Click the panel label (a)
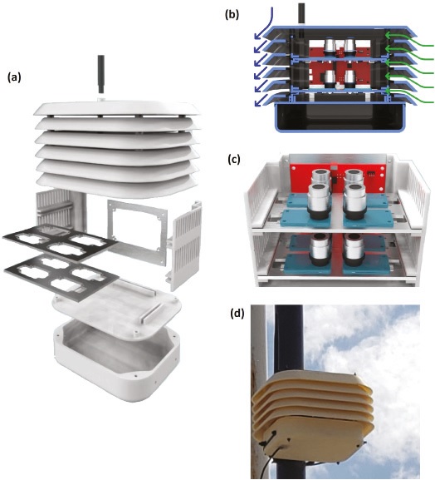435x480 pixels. coord(14,78)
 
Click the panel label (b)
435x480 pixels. coord(232,15)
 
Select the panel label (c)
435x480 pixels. coord(234,160)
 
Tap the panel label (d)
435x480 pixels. coord(237,314)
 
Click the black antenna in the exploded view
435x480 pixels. coord(100,74)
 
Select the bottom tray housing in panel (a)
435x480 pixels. coord(116,347)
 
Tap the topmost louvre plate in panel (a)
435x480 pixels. coord(116,110)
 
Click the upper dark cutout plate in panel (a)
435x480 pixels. coord(59,241)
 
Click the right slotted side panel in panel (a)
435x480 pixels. coord(185,245)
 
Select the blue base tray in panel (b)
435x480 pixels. coord(340,118)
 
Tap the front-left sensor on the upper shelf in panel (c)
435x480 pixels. coord(319,201)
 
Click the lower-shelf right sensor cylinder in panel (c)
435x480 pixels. coord(354,250)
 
